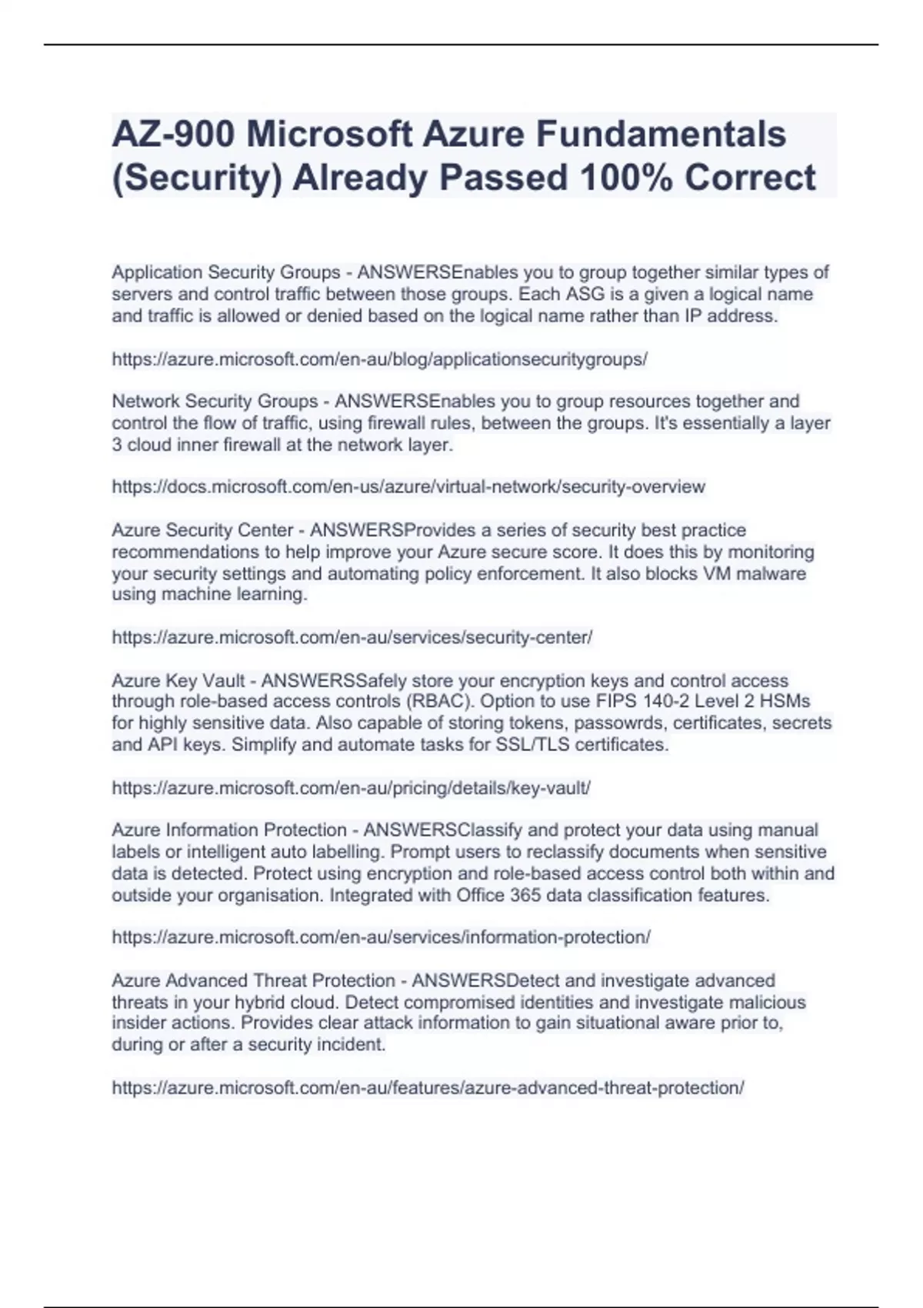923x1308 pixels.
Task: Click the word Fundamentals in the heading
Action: (661, 135)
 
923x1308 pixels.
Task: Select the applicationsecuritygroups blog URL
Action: (379, 359)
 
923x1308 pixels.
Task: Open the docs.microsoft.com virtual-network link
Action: (408, 487)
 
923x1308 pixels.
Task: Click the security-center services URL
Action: (352, 638)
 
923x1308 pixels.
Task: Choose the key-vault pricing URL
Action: (351, 788)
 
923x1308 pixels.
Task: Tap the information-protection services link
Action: (381, 938)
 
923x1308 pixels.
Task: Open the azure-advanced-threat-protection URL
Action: (428, 1088)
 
